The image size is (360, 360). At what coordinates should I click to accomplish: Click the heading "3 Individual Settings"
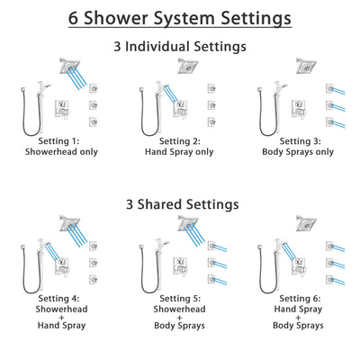[x=180, y=45]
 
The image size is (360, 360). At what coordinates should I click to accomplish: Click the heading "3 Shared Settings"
[x=180, y=204]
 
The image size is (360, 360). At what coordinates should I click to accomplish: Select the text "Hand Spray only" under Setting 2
[x=181, y=154]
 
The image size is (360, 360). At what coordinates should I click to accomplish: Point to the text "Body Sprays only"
[x=299, y=154]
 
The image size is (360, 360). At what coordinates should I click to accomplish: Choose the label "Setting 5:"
[x=181, y=299]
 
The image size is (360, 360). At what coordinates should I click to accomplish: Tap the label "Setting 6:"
[x=300, y=299]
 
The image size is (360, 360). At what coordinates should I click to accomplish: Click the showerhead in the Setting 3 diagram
[x=307, y=66]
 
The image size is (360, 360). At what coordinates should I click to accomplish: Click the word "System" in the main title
[x=181, y=17]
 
